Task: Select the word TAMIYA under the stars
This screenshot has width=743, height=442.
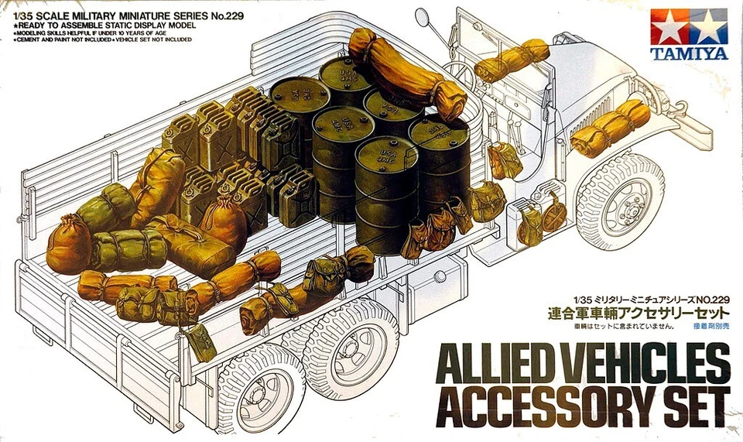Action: (x=690, y=54)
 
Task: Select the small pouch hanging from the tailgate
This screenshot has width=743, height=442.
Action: (x=200, y=342)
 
